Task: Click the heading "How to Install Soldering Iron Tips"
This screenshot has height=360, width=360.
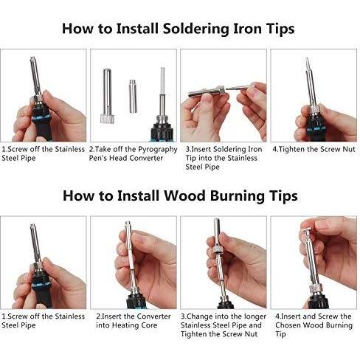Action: (x=178, y=29)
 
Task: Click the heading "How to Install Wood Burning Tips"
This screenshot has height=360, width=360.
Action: (x=180, y=196)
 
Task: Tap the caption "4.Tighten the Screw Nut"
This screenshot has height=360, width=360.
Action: (x=314, y=149)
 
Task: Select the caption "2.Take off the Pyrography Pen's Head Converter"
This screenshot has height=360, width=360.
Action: (x=133, y=153)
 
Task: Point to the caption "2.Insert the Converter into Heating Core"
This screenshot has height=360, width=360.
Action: (x=134, y=321)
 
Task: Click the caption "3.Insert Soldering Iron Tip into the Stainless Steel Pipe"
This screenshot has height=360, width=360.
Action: (x=224, y=158)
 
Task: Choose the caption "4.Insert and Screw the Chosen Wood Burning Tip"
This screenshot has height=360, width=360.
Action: (x=314, y=325)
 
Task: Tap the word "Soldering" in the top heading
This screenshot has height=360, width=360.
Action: (x=195, y=30)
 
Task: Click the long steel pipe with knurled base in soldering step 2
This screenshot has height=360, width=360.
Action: (x=108, y=96)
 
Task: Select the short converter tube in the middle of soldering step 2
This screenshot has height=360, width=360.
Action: (x=133, y=97)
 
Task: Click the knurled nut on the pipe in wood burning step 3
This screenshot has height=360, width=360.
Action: (x=218, y=249)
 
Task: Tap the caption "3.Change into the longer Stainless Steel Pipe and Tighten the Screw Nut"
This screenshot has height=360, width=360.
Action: (x=224, y=325)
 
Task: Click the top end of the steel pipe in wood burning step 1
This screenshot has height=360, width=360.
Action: (x=32, y=225)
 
